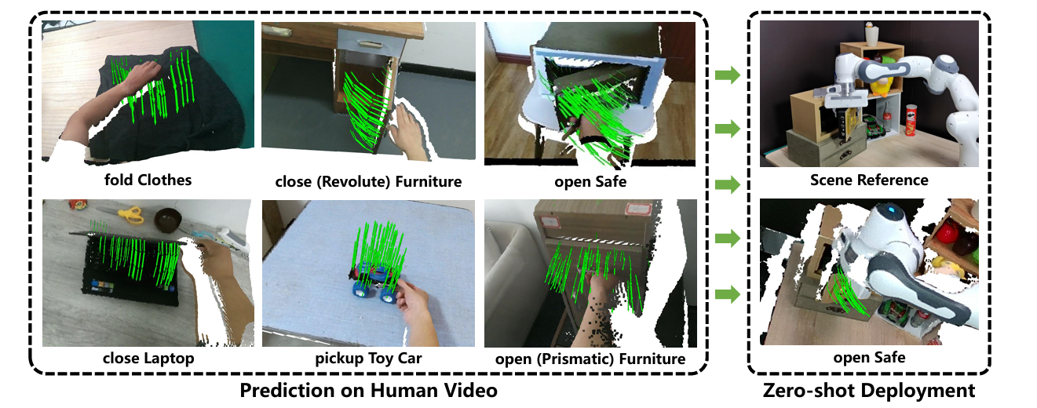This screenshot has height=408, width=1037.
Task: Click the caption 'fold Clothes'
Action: (x=148, y=180)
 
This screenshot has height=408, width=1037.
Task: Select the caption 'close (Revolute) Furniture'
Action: (x=368, y=181)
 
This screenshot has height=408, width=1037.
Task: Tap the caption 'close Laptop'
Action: (x=148, y=358)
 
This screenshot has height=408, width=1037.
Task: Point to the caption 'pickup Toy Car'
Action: (x=368, y=358)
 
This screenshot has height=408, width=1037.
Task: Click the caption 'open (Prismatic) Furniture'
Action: (x=590, y=359)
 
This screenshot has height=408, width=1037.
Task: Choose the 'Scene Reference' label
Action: (x=869, y=180)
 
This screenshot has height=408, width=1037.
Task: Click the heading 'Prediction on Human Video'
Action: (x=368, y=390)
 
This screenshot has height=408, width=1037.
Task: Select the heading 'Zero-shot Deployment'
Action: (x=869, y=390)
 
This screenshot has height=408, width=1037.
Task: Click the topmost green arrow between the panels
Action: (x=728, y=75)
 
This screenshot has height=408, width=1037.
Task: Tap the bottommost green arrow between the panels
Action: (x=728, y=294)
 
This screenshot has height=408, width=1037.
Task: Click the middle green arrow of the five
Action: (x=728, y=184)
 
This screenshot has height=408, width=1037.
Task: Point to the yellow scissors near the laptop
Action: (x=130, y=215)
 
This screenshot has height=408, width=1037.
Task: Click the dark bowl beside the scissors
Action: (x=167, y=220)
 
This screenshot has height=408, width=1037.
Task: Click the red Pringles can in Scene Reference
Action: (x=911, y=120)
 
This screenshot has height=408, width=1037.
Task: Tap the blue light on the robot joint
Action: (x=889, y=210)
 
